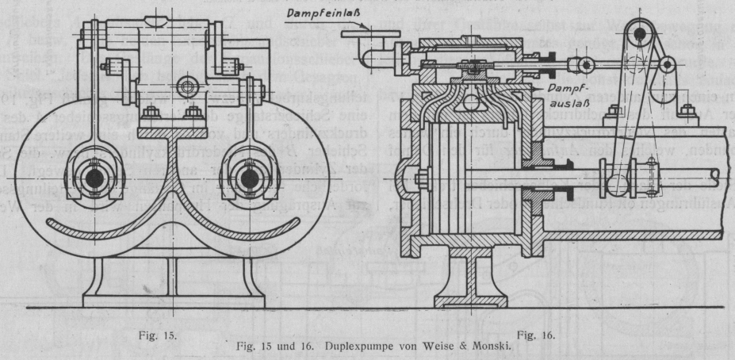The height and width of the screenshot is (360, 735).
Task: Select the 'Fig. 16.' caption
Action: pyautogui.click(x=536, y=335)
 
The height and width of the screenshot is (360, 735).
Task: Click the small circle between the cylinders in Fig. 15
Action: pyautogui.click(x=189, y=84)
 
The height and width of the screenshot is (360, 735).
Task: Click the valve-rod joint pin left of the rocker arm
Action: pyautogui.click(x=587, y=63)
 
